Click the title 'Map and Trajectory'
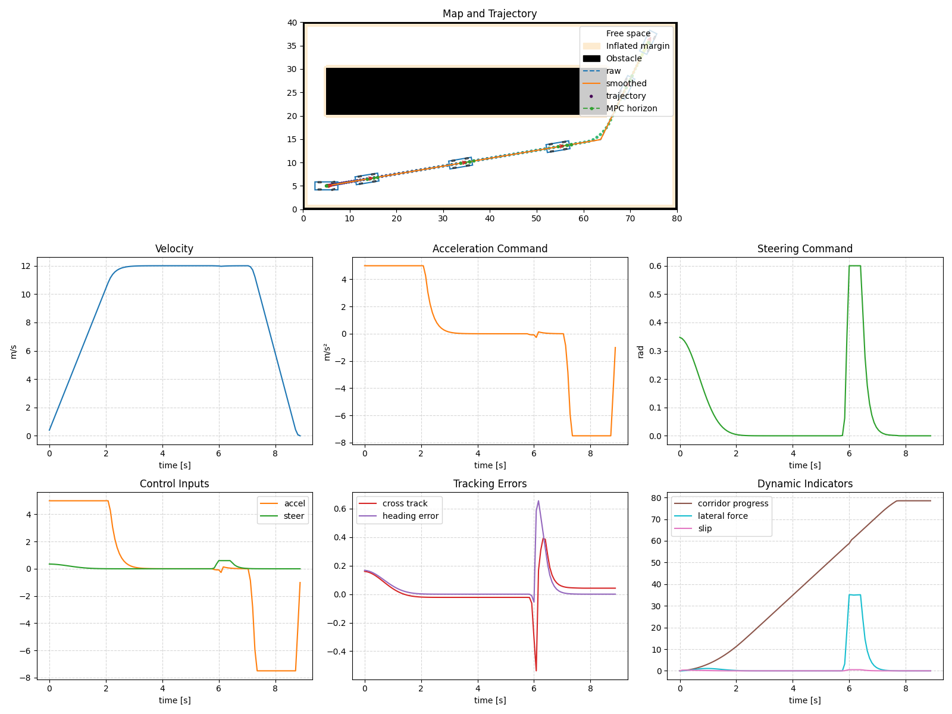489,14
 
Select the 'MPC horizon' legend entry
631,108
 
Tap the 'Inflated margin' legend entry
637,46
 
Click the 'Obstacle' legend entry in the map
624,58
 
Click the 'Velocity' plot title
174,249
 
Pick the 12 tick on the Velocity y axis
26,266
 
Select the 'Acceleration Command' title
489,249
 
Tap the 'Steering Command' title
804,249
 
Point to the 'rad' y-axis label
641,351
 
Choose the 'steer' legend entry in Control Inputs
294,516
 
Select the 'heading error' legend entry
410,516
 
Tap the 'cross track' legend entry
405,503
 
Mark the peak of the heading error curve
538,501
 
